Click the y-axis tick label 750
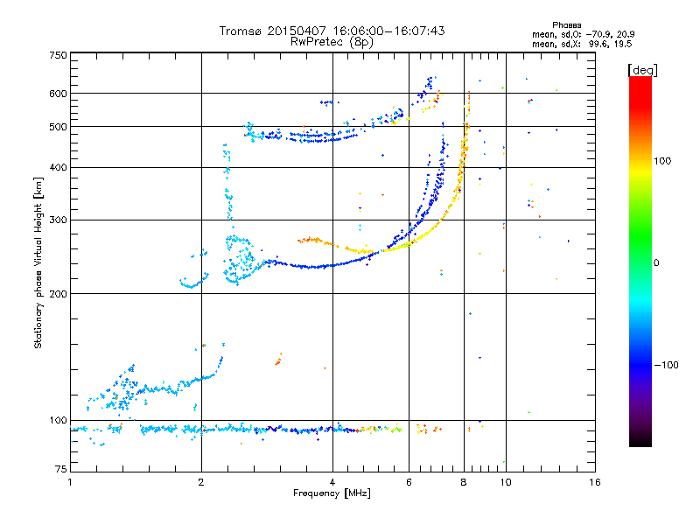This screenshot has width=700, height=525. (58, 55)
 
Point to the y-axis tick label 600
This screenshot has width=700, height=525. (58, 93)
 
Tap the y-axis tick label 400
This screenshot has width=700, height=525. (58, 167)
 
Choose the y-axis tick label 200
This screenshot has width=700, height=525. (58, 293)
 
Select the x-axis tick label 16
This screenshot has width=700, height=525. (594, 482)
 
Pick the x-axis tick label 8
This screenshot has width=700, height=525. (464, 482)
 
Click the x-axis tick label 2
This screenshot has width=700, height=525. (201, 482)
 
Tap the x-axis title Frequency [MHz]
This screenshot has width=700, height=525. (332, 493)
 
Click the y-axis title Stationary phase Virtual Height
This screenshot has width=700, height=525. (38, 262)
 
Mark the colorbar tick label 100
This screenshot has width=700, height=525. (665, 161)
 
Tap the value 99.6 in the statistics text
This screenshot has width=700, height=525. (588, 43)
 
